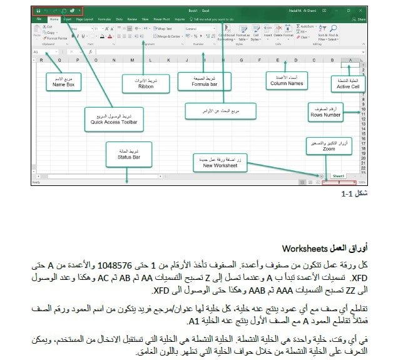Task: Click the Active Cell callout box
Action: (x=347, y=83)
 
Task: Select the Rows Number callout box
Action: (x=325, y=113)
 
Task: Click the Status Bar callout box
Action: (x=128, y=154)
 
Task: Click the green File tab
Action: (x=39, y=19)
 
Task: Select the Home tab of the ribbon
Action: (x=54, y=19)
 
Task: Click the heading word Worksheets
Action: (x=305, y=249)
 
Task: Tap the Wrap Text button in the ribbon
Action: (x=164, y=28)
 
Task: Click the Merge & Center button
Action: (x=166, y=36)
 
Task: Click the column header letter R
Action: (x=41, y=60)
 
